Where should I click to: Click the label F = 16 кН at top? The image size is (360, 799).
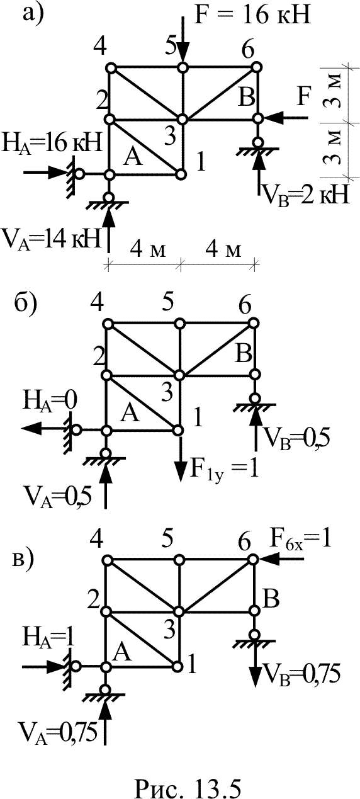click(x=252, y=15)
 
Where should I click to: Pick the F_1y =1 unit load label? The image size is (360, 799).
click(x=225, y=470)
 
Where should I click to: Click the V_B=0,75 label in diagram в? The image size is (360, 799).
click(x=300, y=674)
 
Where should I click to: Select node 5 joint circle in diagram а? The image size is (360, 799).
click(x=183, y=67)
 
